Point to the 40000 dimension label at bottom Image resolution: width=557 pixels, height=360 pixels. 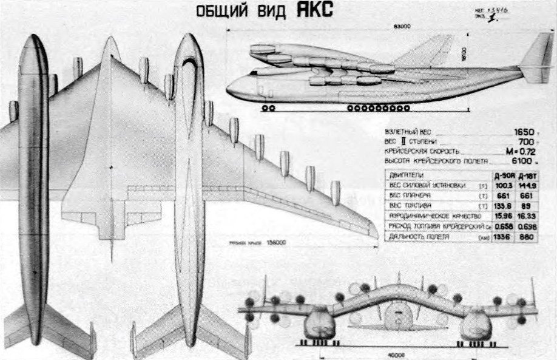click(x=397, y=356)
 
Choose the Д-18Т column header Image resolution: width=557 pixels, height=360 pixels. click(x=525, y=175)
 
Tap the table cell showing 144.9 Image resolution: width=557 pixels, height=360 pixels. click(x=525, y=185)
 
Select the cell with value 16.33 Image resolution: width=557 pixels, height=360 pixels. click(x=525, y=216)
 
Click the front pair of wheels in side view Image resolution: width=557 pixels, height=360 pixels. click(x=268, y=108)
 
